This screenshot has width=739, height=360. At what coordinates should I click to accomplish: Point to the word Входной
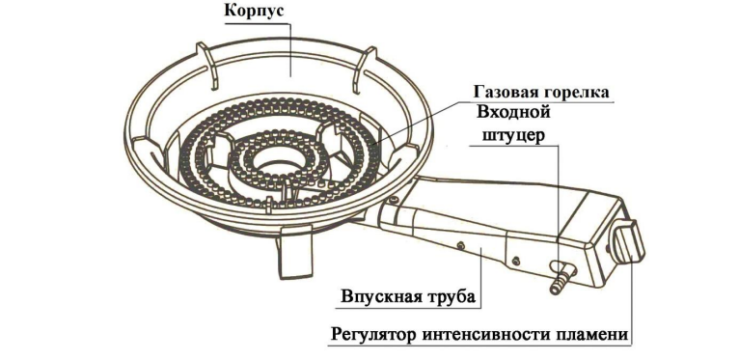[x=513, y=113]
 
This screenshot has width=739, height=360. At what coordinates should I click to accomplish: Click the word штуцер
[x=513, y=135]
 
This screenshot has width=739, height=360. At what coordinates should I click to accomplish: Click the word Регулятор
[x=373, y=335]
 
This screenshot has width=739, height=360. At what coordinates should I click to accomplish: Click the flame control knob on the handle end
[x=628, y=242]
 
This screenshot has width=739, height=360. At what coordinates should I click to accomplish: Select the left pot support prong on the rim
[x=206, y=65]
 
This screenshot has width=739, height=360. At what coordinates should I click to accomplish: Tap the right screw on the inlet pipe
[x=516, y=260]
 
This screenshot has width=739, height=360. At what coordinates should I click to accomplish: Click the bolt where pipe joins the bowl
[x=394, y=200]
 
